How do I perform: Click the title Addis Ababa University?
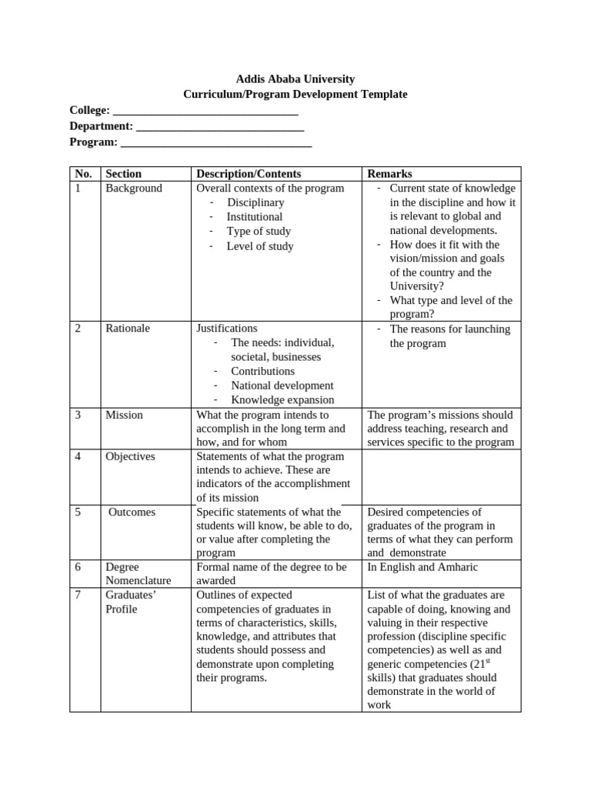295,79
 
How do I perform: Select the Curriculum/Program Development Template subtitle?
295,94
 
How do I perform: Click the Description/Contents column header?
249,174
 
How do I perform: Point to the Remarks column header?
389,174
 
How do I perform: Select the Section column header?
124,174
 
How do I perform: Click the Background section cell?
134,189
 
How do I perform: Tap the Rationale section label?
128,329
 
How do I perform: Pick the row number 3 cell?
78,415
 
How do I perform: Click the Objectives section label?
130,456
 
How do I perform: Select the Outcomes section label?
132,513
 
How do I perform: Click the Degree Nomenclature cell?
139,574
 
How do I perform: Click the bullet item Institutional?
254,217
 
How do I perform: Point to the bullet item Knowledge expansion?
282,399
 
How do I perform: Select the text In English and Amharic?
422,567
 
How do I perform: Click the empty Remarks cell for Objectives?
441,477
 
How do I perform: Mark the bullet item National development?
282,386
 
